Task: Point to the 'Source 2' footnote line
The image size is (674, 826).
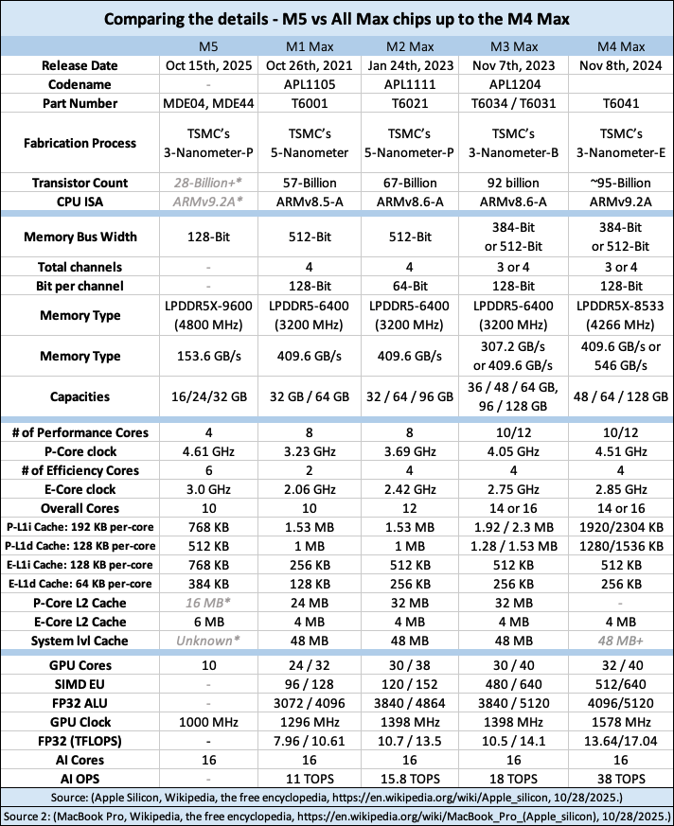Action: click(x=337, y=815)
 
